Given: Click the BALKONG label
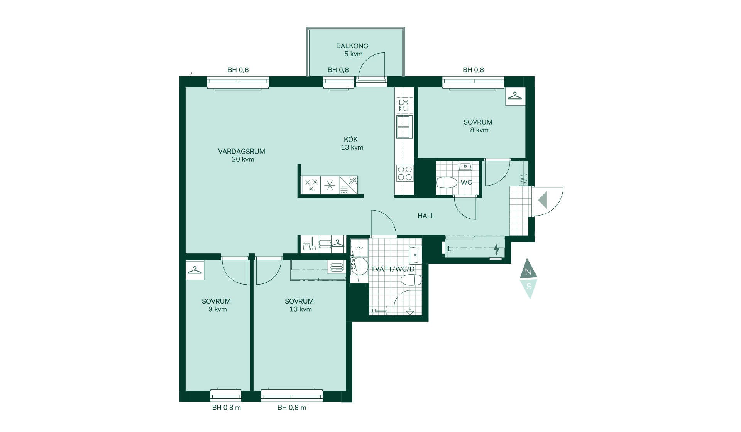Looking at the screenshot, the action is pos(352,46).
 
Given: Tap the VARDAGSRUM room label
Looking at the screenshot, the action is pos(242,151).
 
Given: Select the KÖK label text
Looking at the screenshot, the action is pos(351,139).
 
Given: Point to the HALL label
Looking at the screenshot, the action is pos(426,216).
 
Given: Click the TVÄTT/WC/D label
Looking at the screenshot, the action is pos(392,269).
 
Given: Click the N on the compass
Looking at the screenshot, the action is pos(528,272).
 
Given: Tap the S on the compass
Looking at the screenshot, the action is pos(529,287).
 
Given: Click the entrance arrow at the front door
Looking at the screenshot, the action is pos(543,200).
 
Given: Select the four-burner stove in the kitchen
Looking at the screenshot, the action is pos(404,173).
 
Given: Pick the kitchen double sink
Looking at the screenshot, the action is pos(403,127).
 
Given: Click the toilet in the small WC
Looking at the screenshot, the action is pos(447,182).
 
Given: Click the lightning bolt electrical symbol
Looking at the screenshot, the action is pos(497,249).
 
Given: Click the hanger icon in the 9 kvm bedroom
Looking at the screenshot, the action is pos(195,270).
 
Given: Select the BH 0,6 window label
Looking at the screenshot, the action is pos(238,70).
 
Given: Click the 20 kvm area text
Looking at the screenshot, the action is pos(243,159).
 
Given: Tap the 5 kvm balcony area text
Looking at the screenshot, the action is pos(354,54).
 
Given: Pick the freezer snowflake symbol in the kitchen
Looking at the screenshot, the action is pos(330,185).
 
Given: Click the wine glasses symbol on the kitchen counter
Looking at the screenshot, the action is pos(404,105).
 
